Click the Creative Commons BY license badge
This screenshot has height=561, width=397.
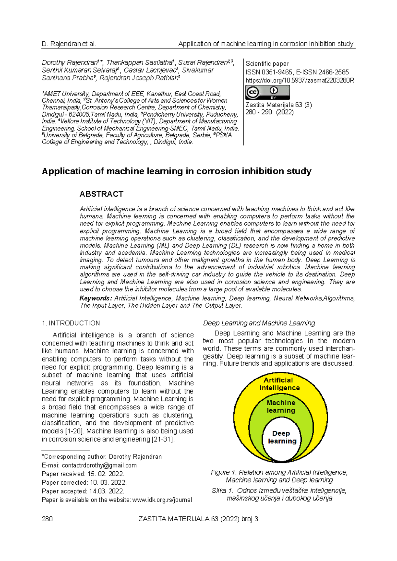267,92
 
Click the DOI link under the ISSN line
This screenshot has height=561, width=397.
300,80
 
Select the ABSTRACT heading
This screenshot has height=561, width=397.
101,194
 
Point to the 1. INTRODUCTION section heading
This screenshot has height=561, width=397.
71,323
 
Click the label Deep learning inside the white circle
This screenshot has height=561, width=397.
282,437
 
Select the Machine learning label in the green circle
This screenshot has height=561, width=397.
281,406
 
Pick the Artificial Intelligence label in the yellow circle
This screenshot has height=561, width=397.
279,384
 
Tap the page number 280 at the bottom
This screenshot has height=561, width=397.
47,519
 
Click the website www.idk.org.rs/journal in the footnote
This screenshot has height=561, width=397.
162,500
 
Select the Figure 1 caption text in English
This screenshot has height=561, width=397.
279,476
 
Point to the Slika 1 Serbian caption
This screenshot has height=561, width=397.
279,494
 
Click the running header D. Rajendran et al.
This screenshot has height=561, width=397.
69,44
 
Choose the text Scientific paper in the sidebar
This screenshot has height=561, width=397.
267,64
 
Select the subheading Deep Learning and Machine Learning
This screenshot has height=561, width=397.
259,323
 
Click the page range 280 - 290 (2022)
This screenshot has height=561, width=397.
269,112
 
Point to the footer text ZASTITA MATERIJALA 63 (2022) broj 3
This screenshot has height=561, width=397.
198,519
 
